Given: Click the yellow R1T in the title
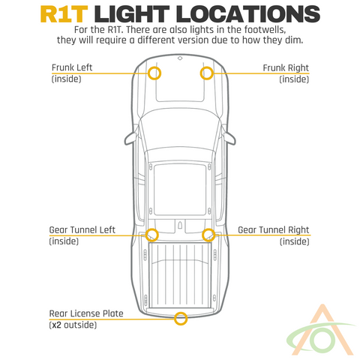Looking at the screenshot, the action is pyautogui.click(x=64, y=14).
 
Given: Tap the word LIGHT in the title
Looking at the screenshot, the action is pyautogui.click(x=132, y=14).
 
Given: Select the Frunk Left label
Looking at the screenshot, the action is pyautogui.click(x=72, y=67).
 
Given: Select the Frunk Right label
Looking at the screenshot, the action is pyautogui.click(x=286, y=67).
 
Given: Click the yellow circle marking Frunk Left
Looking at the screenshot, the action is pyautogui.click(x=149, y=73).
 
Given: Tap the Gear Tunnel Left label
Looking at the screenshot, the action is pyautogui.click(x=82, y=229).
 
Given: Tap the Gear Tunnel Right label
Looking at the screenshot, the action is pyautogui.click(x=274, y=230).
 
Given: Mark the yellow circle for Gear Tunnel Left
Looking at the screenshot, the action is pyautogui.click(x=145, y=235).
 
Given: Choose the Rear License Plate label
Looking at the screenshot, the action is pyautogui.click(x=86, y=313).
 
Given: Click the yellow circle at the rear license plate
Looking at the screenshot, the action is pyautogui.click(x=174, y=319).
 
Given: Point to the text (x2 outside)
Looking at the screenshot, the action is pyautogui.click(x=73, y=325).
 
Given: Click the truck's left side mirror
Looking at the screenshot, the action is pyautogui.click(x=131, y=138).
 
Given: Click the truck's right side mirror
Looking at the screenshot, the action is pyautogui.click(x=229, y=138).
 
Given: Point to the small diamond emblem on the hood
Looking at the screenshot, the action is pyautogui.click(x=180, y=58).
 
